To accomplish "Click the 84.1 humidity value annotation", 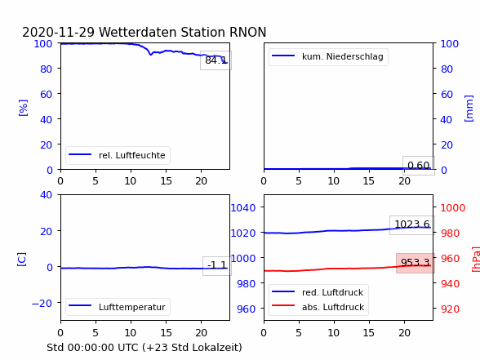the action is [x=216, y=60].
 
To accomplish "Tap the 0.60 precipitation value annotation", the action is [x=419, y=166].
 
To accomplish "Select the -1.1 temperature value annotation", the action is [x=217, y=265].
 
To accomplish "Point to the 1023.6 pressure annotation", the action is [x=412, y=224].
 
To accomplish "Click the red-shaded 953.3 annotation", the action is [x=416, y=263].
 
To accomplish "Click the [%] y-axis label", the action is [x=23, y=108].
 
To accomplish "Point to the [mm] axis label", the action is [x=469, y=109].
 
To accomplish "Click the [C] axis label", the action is [x=21, y=260].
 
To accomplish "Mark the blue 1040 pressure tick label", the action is [x=243, y=208].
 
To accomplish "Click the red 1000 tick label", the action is [x=453, y=208].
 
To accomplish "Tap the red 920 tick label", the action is [x=450, y=309].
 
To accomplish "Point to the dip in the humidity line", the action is [x=150, y=54].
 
